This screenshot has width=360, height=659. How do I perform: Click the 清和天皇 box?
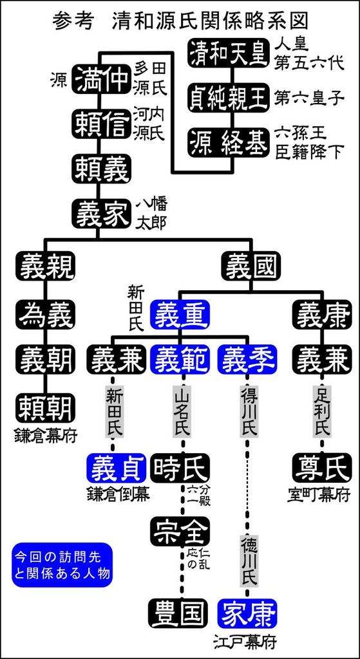tap(227, 53)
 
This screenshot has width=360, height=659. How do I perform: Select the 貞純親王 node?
tap(227, 97)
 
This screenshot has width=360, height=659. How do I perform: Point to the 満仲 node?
tap(100, 79)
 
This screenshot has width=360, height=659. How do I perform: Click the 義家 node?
tap(100, 213)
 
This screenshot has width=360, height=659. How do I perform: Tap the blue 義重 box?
tap(180, 314)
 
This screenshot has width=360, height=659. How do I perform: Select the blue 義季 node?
tap(248, 359)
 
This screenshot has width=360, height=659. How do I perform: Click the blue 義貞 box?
tap(116, 467)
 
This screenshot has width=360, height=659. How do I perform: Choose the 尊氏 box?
tap(322, 467)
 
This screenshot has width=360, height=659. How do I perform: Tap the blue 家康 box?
tap(248, 613)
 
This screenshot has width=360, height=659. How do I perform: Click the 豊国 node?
tap(179, 613)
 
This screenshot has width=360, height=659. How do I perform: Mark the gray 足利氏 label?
tap(322, 410)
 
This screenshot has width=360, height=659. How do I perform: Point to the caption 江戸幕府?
tap(248, 641)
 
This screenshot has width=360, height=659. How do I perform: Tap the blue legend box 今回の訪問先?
tap(62, 564)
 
